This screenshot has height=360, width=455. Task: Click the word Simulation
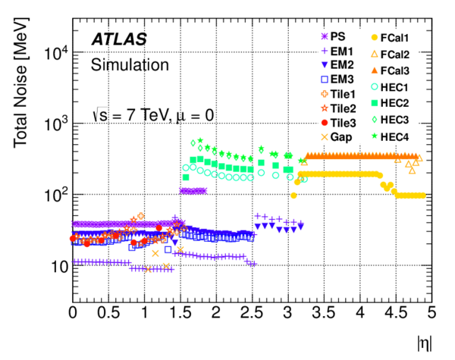(130, 65)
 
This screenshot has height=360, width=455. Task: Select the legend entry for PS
(332, 36)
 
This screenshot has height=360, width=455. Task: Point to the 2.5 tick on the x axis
(252, 313)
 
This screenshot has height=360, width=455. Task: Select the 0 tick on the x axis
(73, 313)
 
